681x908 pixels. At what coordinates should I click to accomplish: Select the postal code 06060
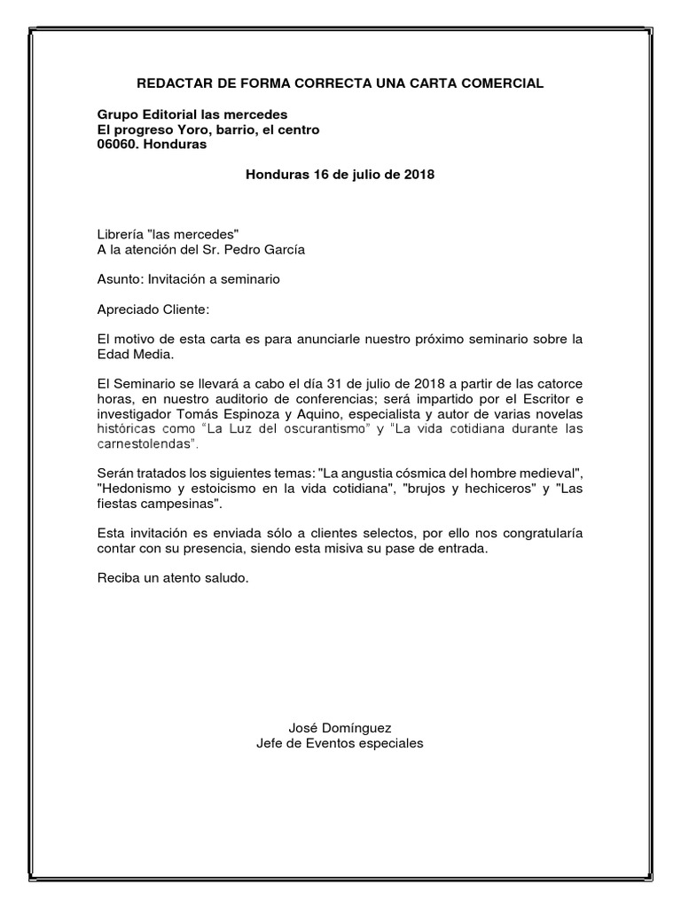click(116, 145)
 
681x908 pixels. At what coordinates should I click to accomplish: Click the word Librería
click(121, 234)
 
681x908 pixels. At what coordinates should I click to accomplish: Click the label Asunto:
click(120, 279)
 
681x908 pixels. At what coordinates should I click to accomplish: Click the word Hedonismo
click(131, 489)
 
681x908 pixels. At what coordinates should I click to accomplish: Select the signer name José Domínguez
click(340, 727)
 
